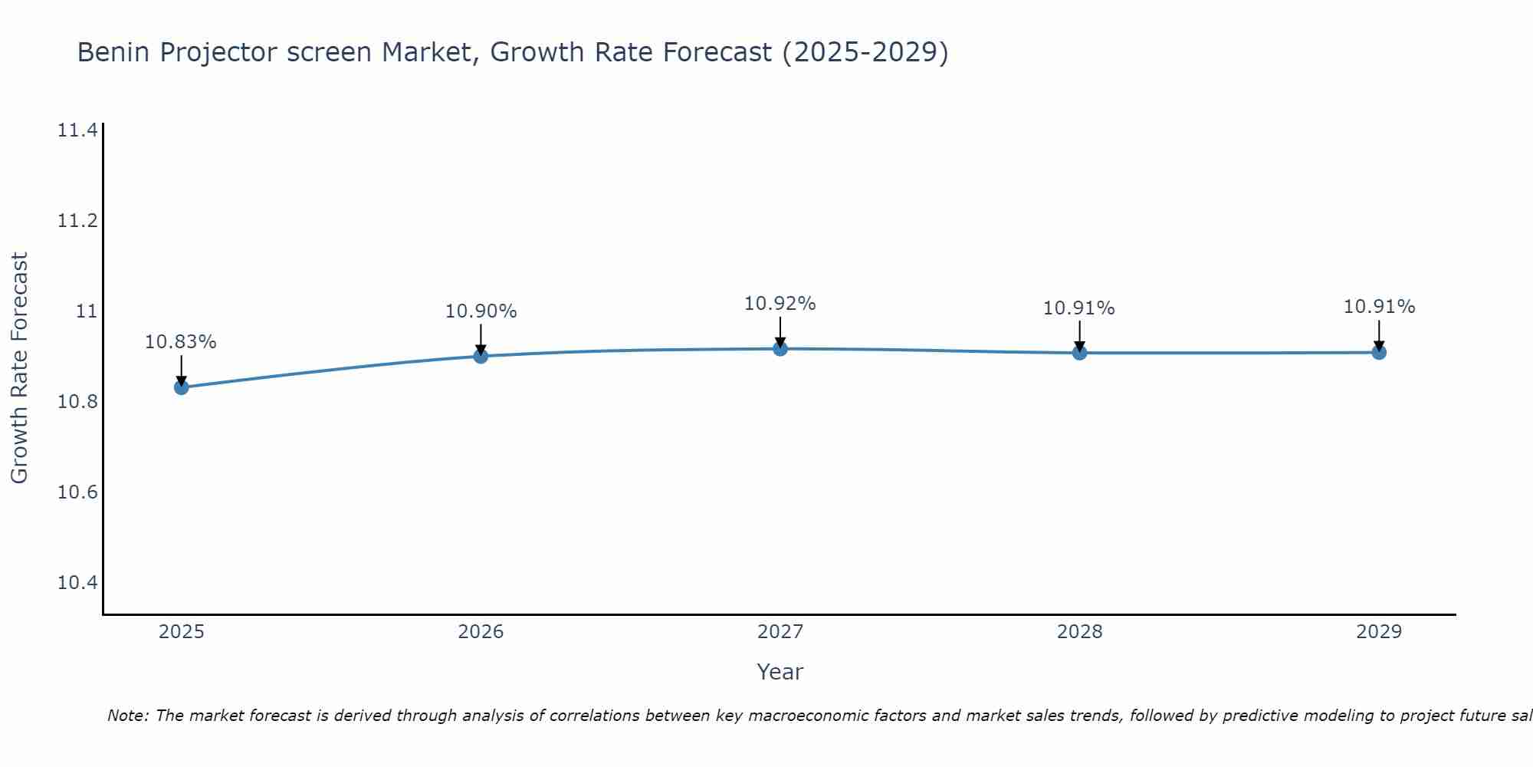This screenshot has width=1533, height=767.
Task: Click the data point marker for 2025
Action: (182, 387)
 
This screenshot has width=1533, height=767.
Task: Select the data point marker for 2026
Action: (481, 356)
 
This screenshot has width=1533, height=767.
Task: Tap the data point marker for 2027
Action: (780, 349)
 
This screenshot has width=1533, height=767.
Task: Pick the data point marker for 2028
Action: (1079, 353)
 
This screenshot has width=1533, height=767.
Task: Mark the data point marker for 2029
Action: (1379, 353)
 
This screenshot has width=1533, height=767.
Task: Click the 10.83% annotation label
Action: (181, 342)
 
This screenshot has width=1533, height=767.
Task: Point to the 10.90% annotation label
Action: (481, 311)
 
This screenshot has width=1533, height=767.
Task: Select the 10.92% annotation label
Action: (780, 304)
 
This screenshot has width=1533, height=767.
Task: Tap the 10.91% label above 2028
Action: (1078, 308)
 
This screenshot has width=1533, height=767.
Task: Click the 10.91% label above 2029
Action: (1379, 307)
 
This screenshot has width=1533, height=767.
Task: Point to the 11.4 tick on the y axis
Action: (77, 130)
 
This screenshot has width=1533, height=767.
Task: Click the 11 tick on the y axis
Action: (87, 311)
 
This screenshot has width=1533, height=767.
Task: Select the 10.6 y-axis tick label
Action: (77, 492)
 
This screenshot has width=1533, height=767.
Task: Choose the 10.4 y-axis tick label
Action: (77, 583)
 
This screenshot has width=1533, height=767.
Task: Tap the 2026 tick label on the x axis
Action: (481, 632)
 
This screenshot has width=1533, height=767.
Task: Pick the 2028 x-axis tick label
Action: (1079, 632)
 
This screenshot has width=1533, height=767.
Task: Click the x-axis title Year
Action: (780, 672)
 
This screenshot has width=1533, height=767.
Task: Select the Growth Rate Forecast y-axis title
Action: (19, 368)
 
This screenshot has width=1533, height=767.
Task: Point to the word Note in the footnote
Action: (127, 716)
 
